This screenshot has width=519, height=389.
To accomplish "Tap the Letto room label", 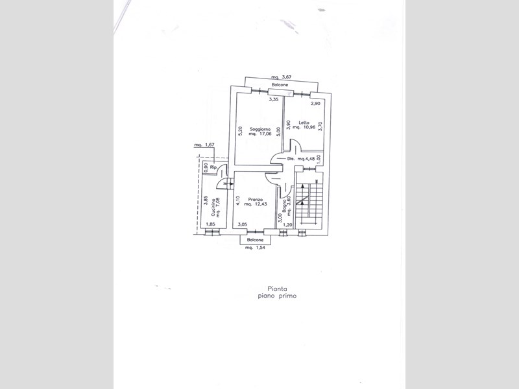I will coord(304,123).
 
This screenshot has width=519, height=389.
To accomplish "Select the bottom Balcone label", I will coord(255,239).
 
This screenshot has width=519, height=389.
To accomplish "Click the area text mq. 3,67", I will coord(281,77).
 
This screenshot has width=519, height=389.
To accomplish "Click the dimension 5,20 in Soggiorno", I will coord(240,130).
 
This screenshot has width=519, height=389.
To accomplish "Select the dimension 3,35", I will coord(274,100).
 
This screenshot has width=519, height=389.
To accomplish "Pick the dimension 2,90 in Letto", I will coord(315,103).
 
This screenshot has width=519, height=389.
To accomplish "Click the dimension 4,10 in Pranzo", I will coord(239,201).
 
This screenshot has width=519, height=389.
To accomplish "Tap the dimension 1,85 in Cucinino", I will coord(210,225).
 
